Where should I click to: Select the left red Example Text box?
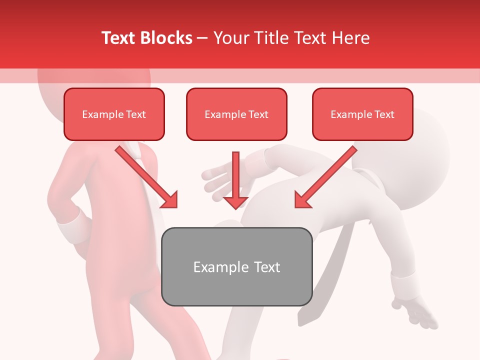[114, 114]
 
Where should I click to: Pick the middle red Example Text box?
[236, 114]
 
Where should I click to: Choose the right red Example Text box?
[362, 114]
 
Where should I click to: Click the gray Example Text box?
[236, 266]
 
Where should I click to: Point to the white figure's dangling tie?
[320, 280]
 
